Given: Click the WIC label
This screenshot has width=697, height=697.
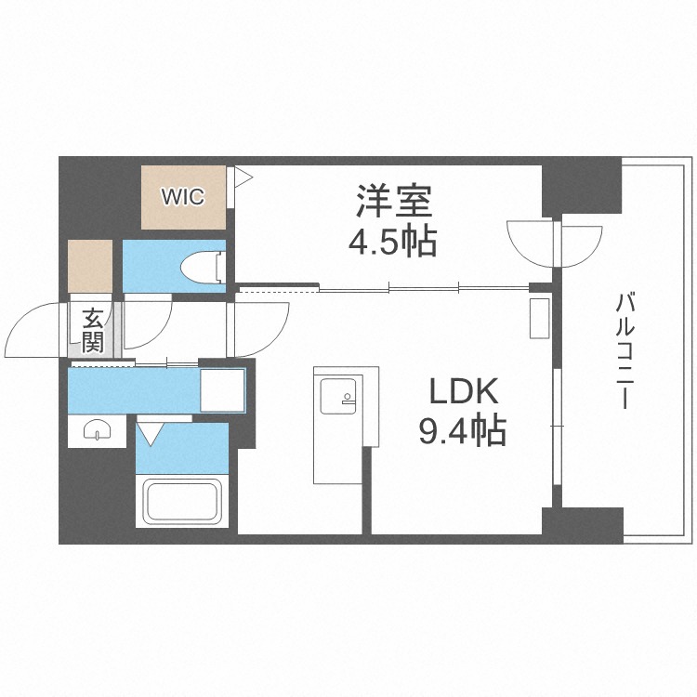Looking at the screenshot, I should coord(183,197).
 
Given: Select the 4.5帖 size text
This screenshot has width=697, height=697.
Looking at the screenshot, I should coord(391,243).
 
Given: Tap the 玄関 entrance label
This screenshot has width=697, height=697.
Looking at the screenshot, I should coord(93,330).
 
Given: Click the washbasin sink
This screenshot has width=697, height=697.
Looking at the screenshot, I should coord(97,429).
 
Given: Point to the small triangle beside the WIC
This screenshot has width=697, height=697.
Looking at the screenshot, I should coord(242,177).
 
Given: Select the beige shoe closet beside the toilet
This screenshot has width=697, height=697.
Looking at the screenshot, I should coord(90,267).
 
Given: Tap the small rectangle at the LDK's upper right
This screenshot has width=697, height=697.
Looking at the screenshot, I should coord(540,318).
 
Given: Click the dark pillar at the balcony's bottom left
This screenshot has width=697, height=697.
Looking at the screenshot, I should coord(589,525).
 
